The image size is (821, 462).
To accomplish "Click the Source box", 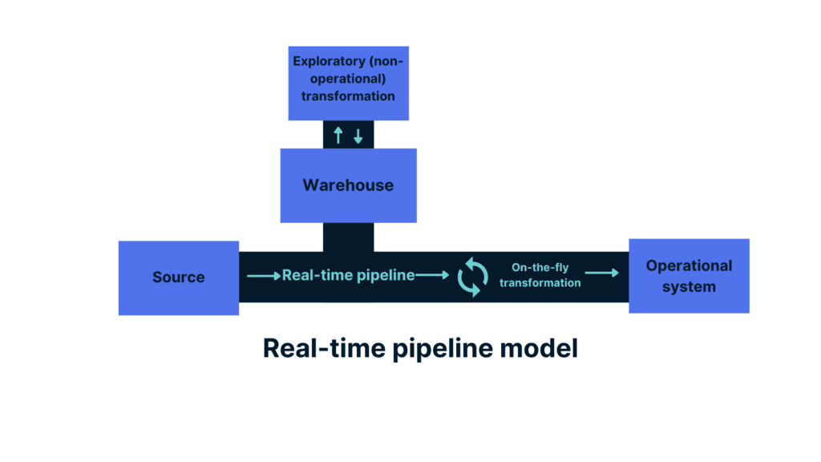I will (x=179, y=278).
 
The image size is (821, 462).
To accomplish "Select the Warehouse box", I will (x=348, y=185).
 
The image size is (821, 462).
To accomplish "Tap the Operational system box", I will (x=689, y=275).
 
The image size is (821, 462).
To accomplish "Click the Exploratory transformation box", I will (x=348, y=83).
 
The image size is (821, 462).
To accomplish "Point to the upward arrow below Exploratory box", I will (x=338, y=135).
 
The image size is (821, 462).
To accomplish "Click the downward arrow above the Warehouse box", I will (x=358, y=135).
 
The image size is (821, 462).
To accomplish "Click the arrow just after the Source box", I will (x=263, y=275).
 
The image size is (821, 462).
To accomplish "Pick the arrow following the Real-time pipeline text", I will (x=433, y=275).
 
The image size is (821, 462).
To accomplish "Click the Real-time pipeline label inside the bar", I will (x=348, y=275).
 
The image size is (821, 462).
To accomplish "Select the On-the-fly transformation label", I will (x=540, y=275).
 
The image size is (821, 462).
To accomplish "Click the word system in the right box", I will (x=689, y=286).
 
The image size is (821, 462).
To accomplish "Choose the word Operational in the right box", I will (x=689, y=265).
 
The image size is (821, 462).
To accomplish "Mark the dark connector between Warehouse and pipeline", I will (x=348, y=237).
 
